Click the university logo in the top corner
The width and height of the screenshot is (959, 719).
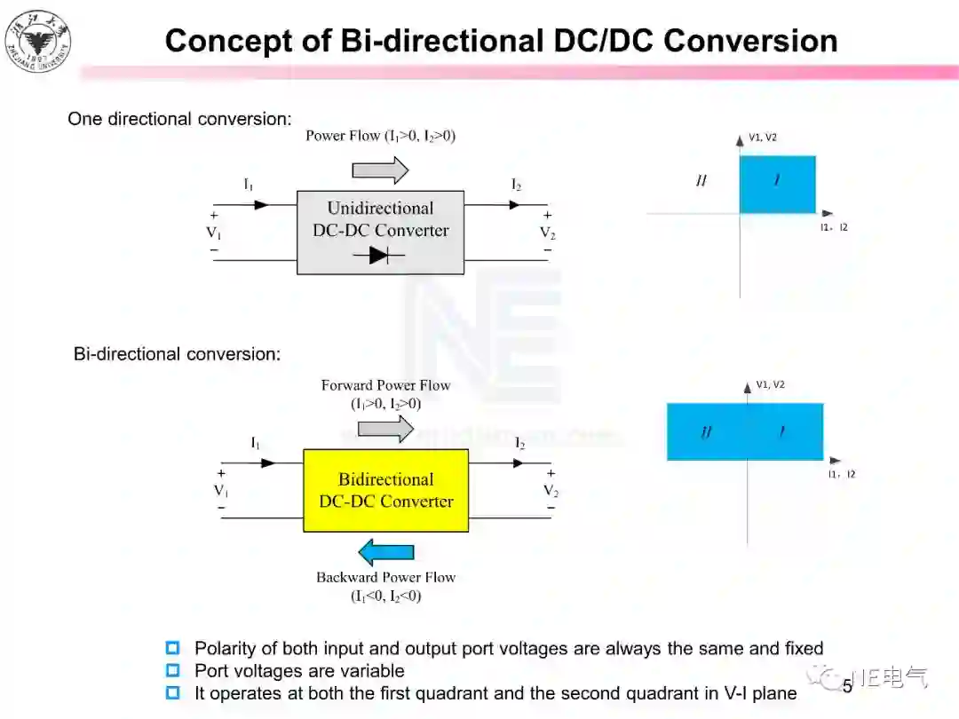pos(37,41)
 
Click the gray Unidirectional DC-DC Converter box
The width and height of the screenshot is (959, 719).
pos(380,233)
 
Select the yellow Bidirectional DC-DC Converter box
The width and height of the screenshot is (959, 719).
pos(385,490)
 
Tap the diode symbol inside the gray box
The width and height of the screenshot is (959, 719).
pos(378,256)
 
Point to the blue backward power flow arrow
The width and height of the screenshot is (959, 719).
pos(386,552)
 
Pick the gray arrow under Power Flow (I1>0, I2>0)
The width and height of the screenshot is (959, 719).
pos(380,169)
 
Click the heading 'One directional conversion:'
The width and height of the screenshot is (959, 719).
pos(179,119)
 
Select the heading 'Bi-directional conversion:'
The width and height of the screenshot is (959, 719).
pos(177,354)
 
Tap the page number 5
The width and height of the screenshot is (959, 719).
pos(847,685)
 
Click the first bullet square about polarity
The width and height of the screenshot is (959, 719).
pos(173,648)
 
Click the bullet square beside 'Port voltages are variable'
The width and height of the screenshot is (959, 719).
pos(173,670)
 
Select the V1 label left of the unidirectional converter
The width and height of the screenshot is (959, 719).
pos(214,233)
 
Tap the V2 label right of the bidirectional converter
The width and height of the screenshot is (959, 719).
pos(551,491)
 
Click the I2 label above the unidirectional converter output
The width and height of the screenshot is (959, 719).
pos(516,185)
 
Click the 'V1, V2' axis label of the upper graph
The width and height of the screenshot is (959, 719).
pos(763,138)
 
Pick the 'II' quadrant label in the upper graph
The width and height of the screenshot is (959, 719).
pos(701,181)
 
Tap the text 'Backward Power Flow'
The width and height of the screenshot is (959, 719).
pos(385,577)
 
